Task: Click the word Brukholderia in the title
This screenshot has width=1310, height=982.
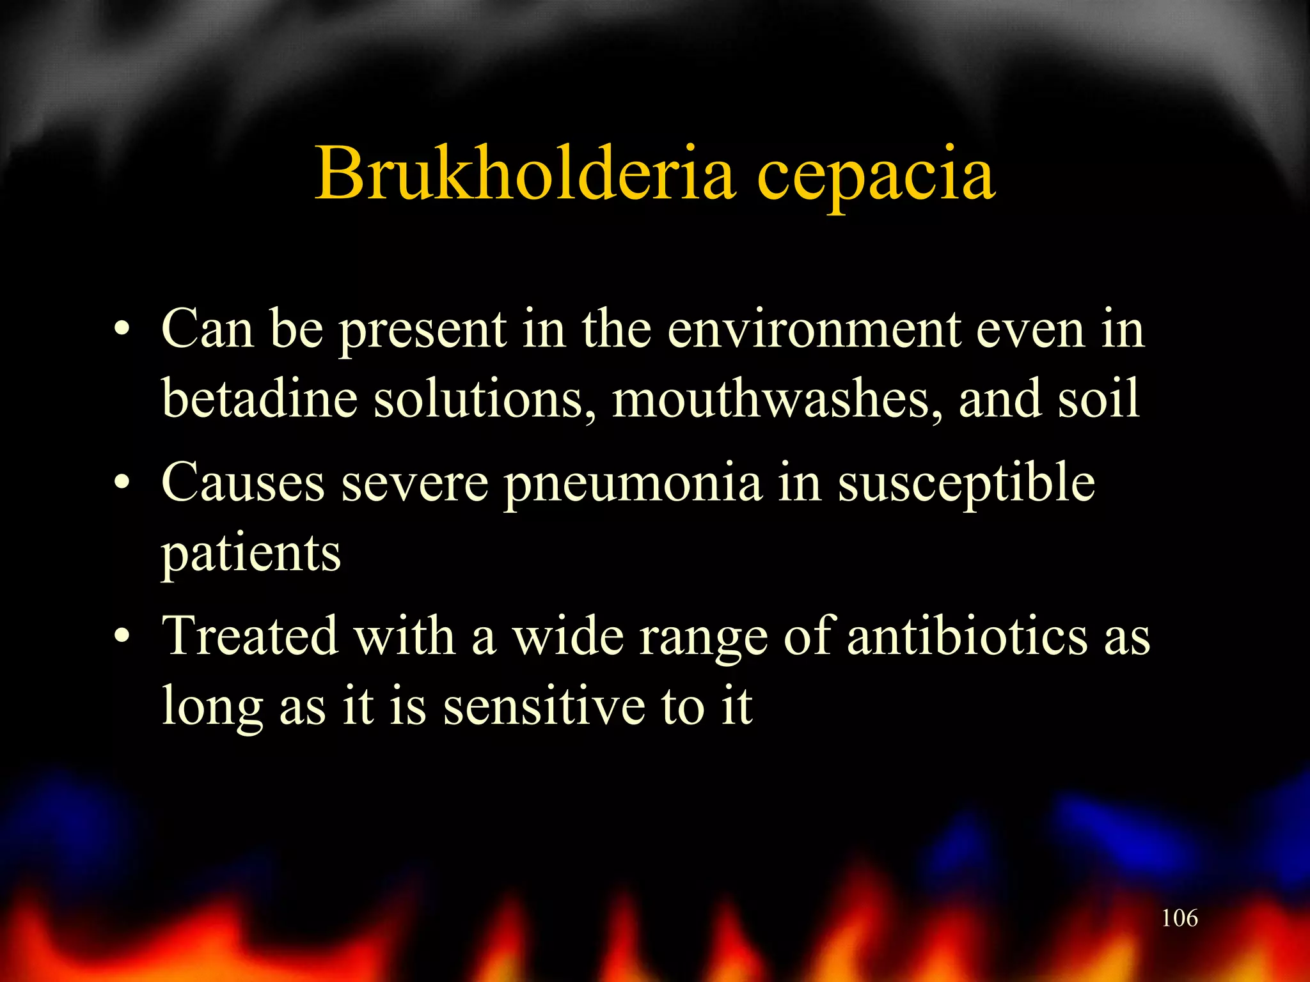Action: tap(525, 173)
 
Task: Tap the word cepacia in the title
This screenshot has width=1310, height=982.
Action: tap(876, 176)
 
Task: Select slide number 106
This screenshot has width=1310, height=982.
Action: tap(1179, 918)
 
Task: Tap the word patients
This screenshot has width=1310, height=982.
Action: tap(251, 553)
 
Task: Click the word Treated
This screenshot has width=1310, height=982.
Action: tap(249, 636)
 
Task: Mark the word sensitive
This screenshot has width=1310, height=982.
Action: tap(544, 706)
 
